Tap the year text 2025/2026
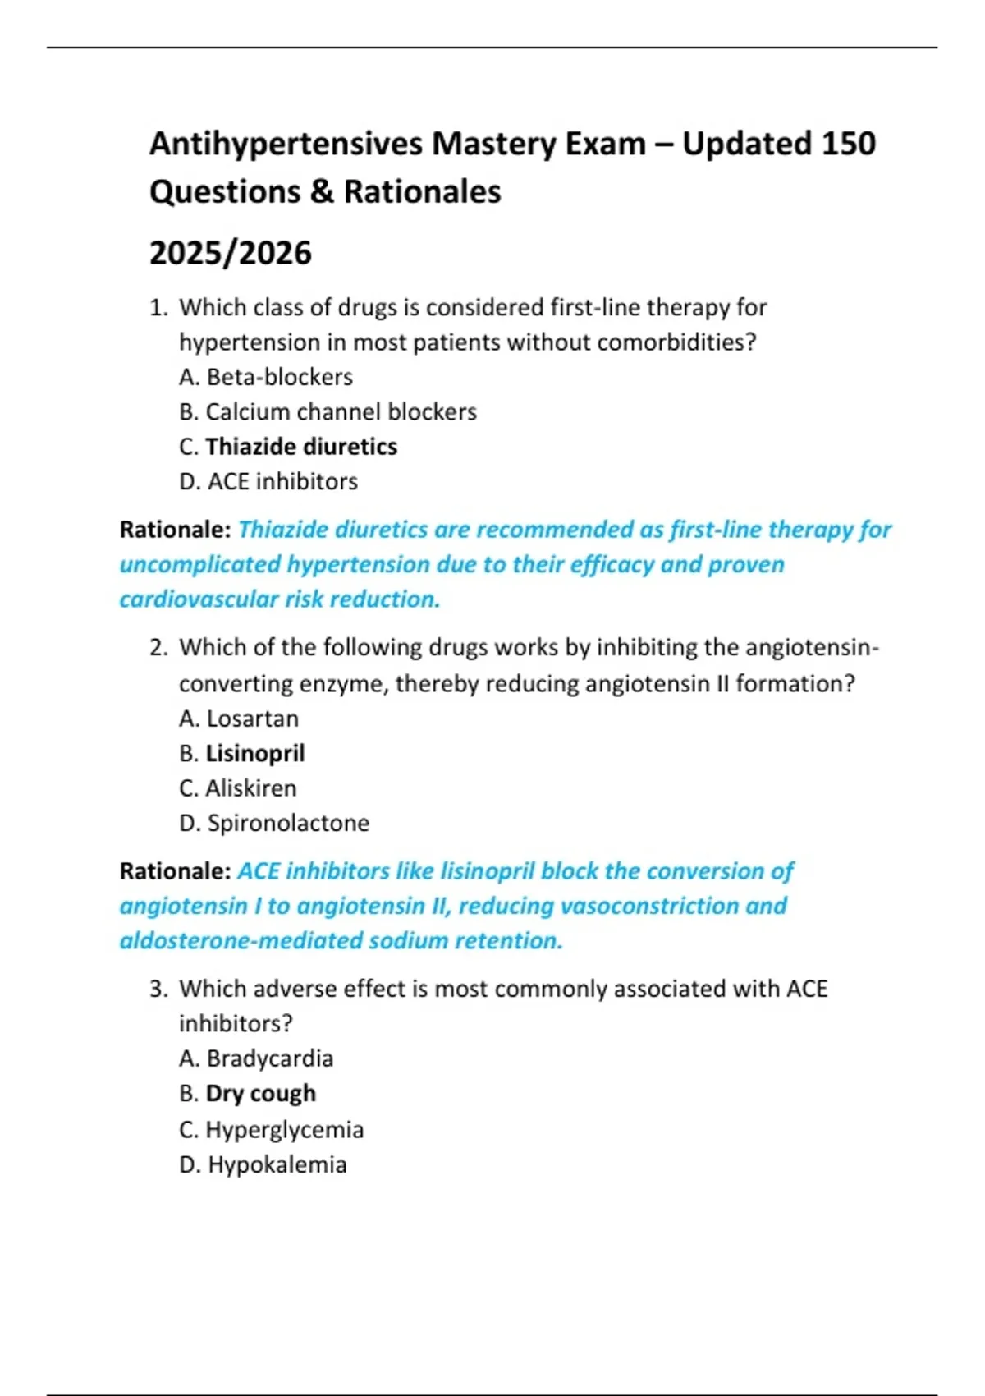231,253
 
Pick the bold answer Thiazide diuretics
301,447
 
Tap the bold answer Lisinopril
255,753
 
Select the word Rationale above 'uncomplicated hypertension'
175,530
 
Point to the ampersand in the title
322,192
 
